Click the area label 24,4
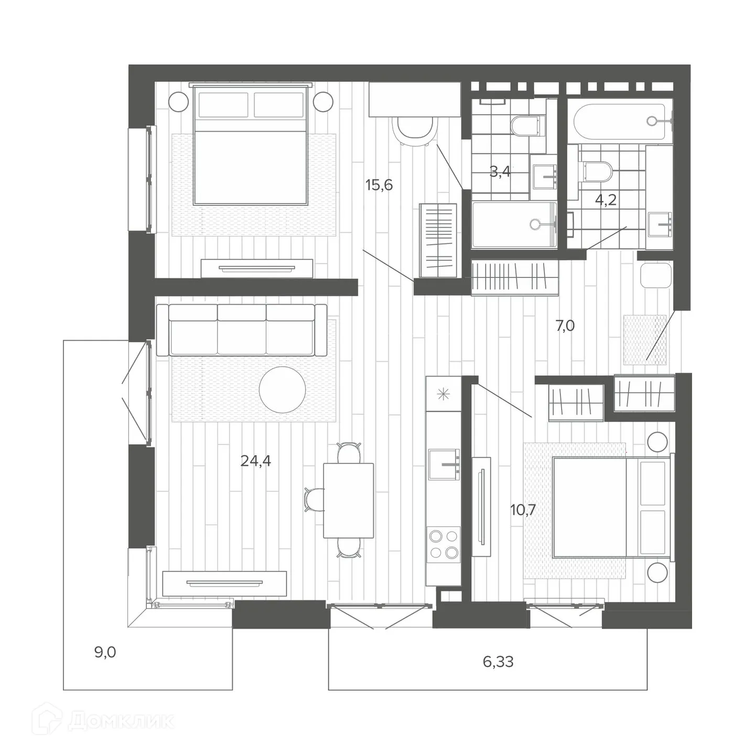pos(255,461)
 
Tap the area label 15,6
pos(379,185)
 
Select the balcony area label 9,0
pos(105,653)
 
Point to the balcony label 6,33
pos(498,662)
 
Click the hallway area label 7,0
pos(565,326)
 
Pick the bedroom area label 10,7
pos(523,510)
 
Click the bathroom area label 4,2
pos(605,201)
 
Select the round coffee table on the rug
pos(283,389)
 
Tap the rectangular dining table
pos(349,501)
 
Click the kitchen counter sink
pos(444,465)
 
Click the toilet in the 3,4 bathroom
pos(525,126)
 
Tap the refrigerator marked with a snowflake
pos(444,393)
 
